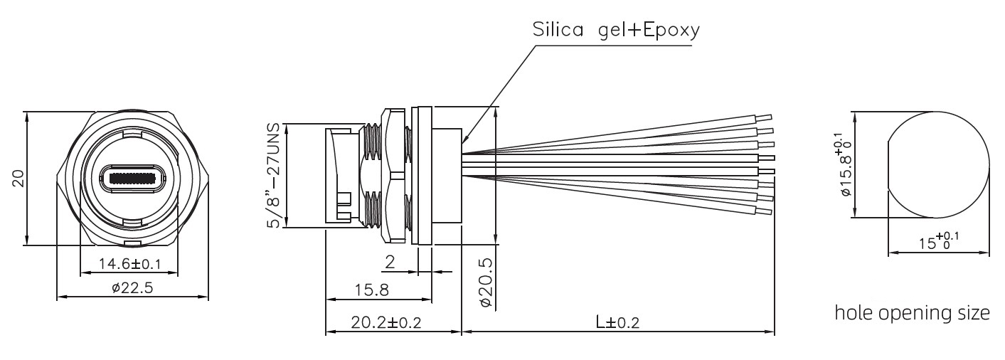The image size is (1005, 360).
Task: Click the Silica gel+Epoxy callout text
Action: pyautogui.click(x=615, y=30)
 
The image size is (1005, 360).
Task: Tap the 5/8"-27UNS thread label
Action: pyautogui.click(x=273, y=175)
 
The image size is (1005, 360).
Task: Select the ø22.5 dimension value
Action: pyautogui.click(x=132, y=287)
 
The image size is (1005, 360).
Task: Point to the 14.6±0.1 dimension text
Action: pyautogui.click(x=129, y=263)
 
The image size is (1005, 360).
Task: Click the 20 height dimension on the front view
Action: pyautogui.click(x=18, y=178)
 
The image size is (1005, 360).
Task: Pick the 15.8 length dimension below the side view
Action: pyautogui.click(x=372, y=290)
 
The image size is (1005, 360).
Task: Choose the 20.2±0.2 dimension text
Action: pyautogui.click(x=385, y=322)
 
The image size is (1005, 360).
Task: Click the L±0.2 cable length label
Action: pyautogui.click(x=617, y=322)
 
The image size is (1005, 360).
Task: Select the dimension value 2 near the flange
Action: pyautogui.click(x=390, y=262)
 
